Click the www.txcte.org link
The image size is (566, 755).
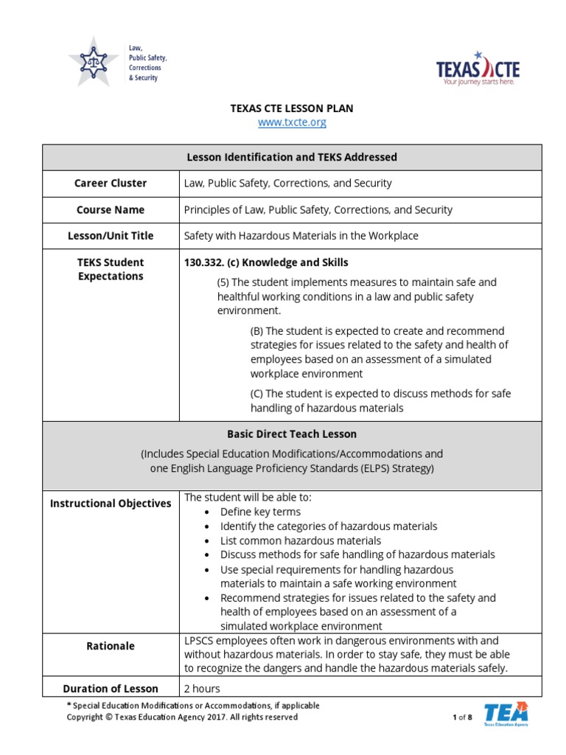click(292, 122)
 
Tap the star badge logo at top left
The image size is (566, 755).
click(93, 61)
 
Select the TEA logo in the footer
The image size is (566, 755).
click(506, 714)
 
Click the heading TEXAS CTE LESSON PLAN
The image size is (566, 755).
click(292, 108)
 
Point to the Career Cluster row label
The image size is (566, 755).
click(111, 183)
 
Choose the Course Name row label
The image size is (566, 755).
click(111, 209)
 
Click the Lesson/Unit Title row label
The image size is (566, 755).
click(111, 236)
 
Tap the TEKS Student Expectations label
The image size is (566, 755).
click(111, 269)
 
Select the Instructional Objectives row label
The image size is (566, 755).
click(111, 504)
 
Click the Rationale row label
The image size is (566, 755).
click(111, 646)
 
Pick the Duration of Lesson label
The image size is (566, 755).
click(111, 689)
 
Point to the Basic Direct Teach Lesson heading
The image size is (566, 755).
click(292, 434)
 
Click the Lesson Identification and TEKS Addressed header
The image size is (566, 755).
click(292, 157)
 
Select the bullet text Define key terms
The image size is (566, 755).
click(260, 512)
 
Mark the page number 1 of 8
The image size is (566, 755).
click(462, 717)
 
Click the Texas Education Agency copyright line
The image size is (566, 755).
click(183, 717)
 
